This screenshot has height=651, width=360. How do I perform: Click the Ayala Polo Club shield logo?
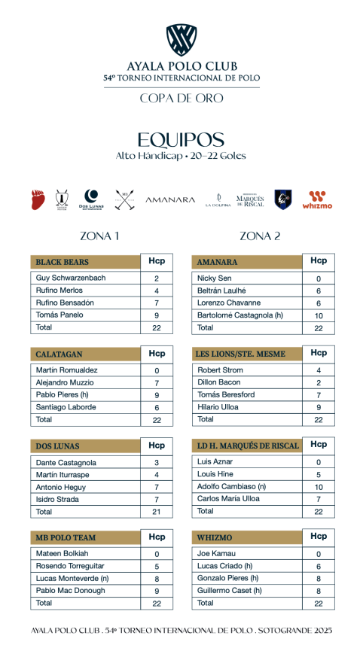(x=181, y=39)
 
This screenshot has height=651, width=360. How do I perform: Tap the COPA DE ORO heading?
(x=181, y=98)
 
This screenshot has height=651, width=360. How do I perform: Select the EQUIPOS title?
(x=181, y=140)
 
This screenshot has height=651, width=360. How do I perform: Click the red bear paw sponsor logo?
(x=38, y=199)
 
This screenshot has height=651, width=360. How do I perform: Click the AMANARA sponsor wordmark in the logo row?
(x=169, y=200)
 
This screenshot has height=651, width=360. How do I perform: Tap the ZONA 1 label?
(x=99, y=236)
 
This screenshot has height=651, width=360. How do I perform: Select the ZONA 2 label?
(x=260, y=236)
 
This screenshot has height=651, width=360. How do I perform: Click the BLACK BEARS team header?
(x=62, y=263)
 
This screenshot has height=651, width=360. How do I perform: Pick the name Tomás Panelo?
(x=60, y=315)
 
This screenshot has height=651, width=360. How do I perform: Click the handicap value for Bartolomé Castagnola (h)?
(x=319, y=315)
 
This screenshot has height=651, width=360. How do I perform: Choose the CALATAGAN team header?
(x=59, y=354)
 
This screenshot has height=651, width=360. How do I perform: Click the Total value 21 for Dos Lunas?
(x=156, y=512)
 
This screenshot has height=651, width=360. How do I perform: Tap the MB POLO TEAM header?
(x=66, y=538)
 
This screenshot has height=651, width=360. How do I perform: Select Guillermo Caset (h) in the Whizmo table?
(x=231, y=591)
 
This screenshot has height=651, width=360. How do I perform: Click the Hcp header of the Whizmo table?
(x=319, y=537)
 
